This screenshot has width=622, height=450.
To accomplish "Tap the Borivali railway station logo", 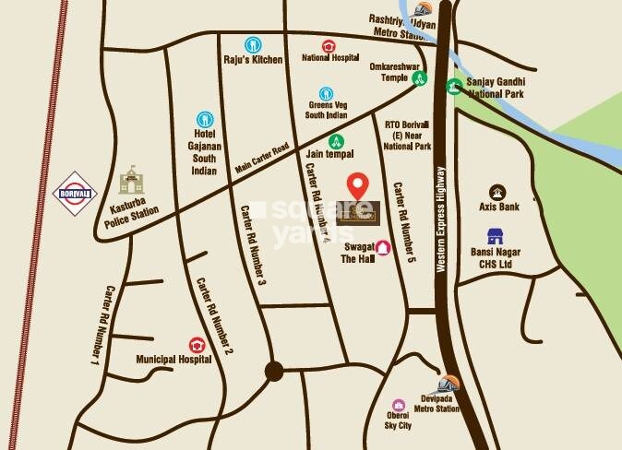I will pos(77,192).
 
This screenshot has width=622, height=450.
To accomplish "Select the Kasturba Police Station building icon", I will pos(132,180).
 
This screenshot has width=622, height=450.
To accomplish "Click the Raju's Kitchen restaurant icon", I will pos(252,44).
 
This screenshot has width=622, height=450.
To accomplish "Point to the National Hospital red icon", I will pos(329,45).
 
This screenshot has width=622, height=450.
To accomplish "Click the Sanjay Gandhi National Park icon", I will pos(454,87).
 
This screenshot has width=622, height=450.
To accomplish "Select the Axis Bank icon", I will pos(497,192).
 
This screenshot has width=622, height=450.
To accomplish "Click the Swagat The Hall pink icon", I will pos(382,248).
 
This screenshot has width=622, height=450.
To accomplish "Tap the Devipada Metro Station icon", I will pos(448,383).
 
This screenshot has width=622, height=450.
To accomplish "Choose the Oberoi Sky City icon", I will pos(399,406).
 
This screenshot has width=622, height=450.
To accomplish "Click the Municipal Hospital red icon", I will pos(196,344).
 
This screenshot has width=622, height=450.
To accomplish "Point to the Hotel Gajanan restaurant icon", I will pos(205,119).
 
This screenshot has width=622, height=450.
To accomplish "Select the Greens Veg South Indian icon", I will pos(326,93).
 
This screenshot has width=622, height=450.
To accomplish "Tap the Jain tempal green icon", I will pos(337,141).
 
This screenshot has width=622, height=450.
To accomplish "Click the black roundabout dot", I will pos(273,371).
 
